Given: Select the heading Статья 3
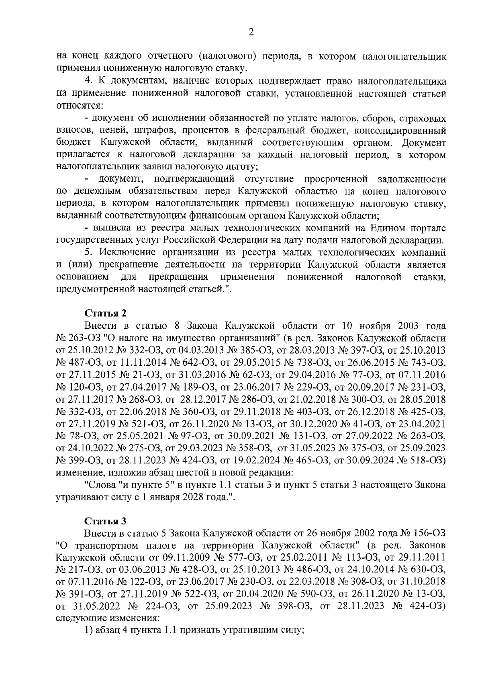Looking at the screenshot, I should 106,521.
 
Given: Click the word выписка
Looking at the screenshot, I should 111,228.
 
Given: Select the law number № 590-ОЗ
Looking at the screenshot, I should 304,593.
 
